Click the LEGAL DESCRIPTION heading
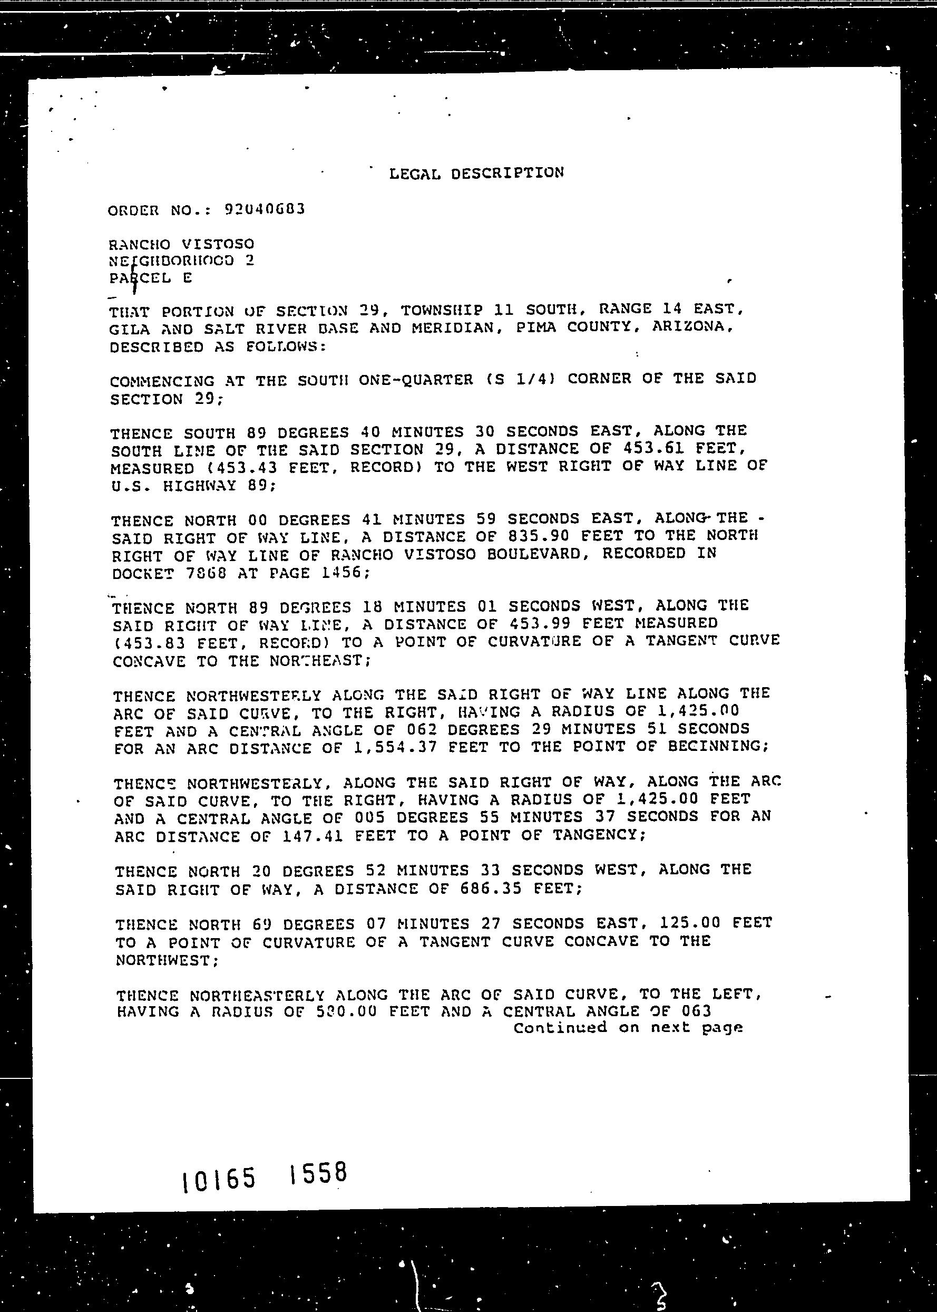[476, 173]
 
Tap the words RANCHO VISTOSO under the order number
[181, 244]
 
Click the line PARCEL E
[150, 278]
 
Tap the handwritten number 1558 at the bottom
[318, 1173]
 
